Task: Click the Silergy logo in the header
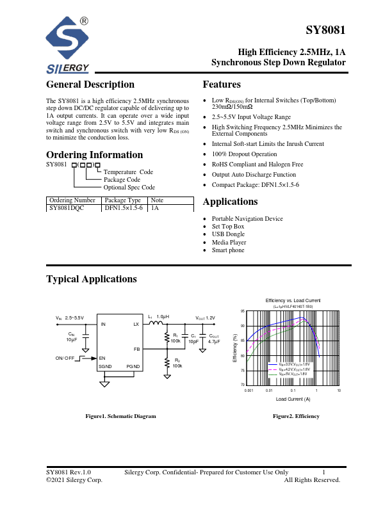(69, 45)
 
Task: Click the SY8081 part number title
(325, 31)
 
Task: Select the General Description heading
(90, 84)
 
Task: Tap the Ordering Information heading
(94, 155)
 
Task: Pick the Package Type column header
(122, 200)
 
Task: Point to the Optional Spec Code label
(129, 188)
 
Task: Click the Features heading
(221, 84)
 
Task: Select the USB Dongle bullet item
(229, 234)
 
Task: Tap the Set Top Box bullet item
(228, 227)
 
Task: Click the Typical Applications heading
(92, 279)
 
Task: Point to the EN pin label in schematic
(102, 358)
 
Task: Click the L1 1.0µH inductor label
(158, 317)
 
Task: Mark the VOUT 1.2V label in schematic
(205, 318)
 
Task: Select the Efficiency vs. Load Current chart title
(293, 300)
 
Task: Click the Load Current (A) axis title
(293, 399)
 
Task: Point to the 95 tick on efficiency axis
(242, 311)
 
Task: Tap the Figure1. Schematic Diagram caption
(121, 416)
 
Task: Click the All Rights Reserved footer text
(312, 479)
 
